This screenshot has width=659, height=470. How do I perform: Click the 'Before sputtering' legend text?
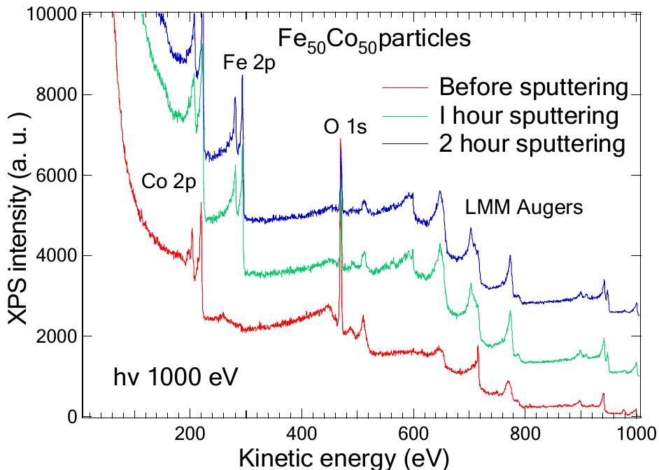[x=533, y=87]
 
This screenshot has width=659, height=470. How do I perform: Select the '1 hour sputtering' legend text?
[x=528, y=115]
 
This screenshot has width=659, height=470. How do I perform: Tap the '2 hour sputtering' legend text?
[x=532, y=143]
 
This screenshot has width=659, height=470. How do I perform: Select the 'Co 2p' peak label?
[x=169, y=181]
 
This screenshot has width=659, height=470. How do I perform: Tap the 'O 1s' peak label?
[x=345, y=127]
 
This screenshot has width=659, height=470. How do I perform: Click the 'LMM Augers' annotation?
[x=524, y=207]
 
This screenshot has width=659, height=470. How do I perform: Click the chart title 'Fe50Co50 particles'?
[x=374, y=39]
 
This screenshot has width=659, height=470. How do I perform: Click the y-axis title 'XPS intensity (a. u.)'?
[x=19, y=217]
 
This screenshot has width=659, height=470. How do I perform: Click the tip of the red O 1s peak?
[x=341, y=139]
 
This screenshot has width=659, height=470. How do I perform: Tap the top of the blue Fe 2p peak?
[x=242, y=76]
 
